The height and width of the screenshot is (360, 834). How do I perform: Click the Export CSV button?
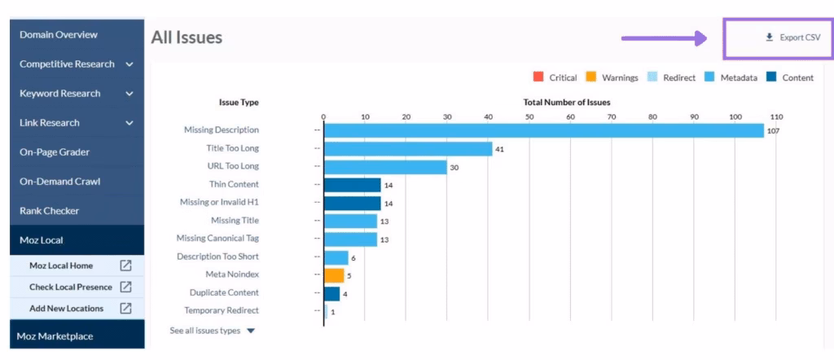[792, 37]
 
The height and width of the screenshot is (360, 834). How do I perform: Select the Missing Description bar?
[543, 130]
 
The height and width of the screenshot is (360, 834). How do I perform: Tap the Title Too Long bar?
[407, 149]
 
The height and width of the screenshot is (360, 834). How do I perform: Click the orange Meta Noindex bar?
[333, 275]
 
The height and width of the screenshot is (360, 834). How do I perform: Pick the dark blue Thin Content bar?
[352, 185]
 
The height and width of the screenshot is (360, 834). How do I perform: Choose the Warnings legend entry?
[612, 78]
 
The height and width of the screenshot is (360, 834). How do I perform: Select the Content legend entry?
[789, 78]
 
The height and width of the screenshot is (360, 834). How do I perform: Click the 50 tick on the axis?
[529, 116]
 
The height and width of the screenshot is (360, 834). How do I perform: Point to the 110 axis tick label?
[776, 116]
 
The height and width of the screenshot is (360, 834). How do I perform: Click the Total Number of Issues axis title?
[567, 103]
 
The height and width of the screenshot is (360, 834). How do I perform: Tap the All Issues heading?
[187, 37]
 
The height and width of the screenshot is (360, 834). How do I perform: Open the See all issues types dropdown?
[212, 331]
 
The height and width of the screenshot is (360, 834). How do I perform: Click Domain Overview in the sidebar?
[59, 35]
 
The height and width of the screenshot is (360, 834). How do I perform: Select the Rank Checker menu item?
[49, 211]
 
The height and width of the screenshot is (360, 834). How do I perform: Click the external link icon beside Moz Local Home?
[126, 266]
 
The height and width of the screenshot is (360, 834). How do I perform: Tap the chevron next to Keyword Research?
[129, 94]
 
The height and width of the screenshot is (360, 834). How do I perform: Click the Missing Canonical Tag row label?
[217, 239]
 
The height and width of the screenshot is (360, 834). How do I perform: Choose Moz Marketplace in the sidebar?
[55, 336]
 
